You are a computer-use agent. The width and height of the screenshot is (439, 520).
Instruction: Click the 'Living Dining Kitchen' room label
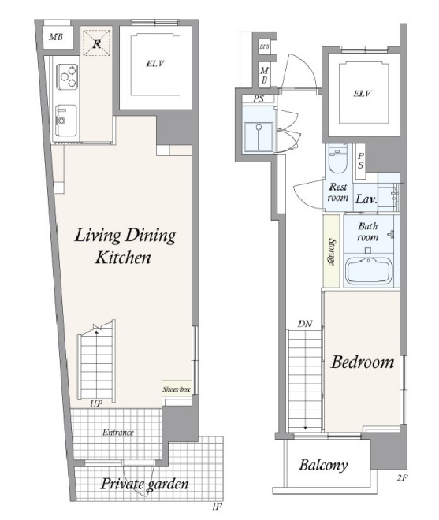click(125, 246)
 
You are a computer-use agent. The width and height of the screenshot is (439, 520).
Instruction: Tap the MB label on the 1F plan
click(56, 37)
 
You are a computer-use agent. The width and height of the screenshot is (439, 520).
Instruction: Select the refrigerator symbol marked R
click(97, 43)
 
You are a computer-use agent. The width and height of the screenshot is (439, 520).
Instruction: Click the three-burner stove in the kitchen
click(67, 76)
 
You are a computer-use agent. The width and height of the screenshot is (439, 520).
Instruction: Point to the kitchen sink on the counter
click(65, 120)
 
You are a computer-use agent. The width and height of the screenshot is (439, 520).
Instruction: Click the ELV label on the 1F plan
click(155, 63)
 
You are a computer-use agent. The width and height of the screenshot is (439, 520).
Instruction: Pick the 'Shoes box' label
click(177, 389)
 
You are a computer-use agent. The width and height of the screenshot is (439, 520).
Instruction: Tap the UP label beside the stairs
click(96, 403)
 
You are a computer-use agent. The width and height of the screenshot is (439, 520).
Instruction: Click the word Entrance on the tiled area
click(117, 432)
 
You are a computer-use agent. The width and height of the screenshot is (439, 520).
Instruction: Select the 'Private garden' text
click(144, 485)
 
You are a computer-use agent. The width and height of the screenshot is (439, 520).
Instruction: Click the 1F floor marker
click(217, 507)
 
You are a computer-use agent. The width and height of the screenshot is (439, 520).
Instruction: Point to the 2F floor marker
click(402, 478)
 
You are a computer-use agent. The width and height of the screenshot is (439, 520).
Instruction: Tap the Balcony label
click(323, 465)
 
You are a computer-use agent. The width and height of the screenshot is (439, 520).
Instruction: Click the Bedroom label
click(363, 362)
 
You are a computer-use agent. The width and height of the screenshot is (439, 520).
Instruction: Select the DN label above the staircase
click(304, 324)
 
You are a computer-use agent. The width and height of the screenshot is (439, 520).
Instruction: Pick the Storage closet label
click(331, 251)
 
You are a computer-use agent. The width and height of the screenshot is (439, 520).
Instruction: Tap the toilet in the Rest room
click(337, 159)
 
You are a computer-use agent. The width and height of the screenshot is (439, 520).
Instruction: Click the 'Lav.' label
click(366, 199)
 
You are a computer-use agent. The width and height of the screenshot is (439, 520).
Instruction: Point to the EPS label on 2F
click(264, 46)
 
